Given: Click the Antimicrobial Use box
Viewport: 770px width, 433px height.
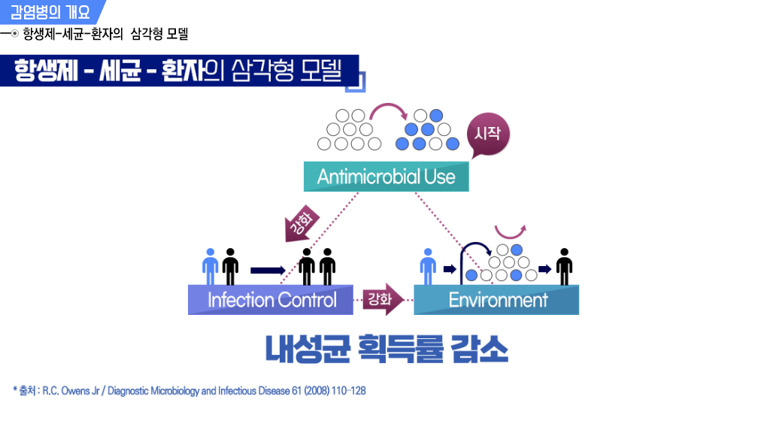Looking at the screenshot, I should point(386,177).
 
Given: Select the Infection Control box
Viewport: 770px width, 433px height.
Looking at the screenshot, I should point(271,300).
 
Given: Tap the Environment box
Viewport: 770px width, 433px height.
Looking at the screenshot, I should point(497,300).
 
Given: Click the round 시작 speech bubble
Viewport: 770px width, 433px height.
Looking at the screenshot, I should point(489,135).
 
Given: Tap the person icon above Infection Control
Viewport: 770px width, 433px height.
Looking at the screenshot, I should point(211,266).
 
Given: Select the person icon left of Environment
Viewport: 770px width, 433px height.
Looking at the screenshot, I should point(427,266).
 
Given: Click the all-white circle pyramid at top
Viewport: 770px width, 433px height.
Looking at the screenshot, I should point(347,130).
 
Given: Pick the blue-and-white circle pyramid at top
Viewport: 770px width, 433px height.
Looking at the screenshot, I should point(427,130).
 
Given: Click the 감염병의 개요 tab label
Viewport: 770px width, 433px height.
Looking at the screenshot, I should point(50,11).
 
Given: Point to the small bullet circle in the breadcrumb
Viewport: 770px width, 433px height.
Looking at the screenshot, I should point(16,33).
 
